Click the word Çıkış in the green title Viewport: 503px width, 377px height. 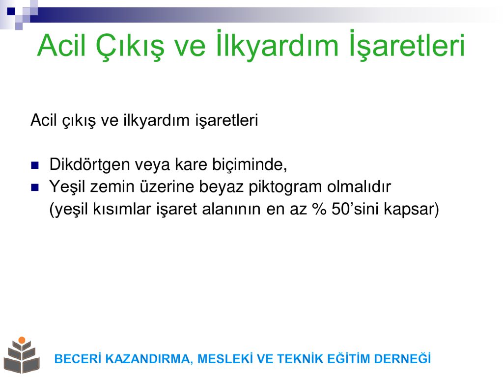point(130,47)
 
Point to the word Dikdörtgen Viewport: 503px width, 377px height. point(89,165)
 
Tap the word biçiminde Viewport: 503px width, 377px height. point(250,165)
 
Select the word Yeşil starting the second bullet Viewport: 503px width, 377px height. point(68,187)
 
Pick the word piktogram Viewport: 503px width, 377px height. point(285,187)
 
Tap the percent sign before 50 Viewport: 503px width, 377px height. point(319,209)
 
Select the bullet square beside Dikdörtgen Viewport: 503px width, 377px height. point(35,165)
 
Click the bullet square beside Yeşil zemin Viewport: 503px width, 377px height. point(35,187)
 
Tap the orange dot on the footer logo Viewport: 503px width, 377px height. point(22,340)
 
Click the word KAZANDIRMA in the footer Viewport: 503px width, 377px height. point(149,359)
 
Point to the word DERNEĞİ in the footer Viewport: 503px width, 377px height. point(402,358)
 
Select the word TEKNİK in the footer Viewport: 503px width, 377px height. point(300,358)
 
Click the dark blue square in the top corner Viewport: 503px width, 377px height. point(11,11)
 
